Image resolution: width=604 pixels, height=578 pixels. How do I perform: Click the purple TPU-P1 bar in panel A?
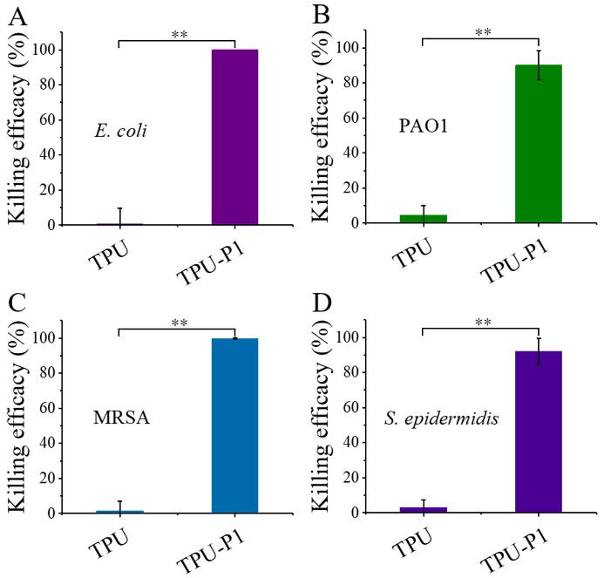234,138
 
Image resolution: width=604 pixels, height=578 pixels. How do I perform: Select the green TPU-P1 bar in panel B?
538,144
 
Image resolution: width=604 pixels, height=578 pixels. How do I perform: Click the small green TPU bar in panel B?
424,219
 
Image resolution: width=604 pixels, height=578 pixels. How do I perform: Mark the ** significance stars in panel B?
480,31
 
